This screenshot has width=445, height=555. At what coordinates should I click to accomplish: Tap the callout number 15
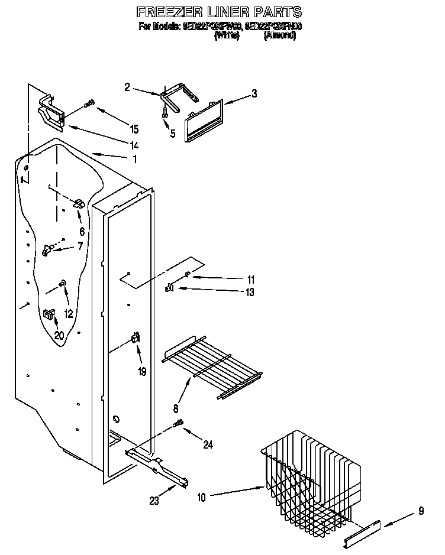(134, 129)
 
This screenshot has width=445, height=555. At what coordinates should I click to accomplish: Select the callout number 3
(254, 93)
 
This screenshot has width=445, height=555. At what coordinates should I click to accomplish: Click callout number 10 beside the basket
(201, 498)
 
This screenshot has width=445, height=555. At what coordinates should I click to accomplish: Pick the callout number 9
(421, 509)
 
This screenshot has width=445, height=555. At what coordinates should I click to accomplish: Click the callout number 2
(127, 87)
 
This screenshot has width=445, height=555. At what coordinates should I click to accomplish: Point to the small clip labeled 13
(169, 288)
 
